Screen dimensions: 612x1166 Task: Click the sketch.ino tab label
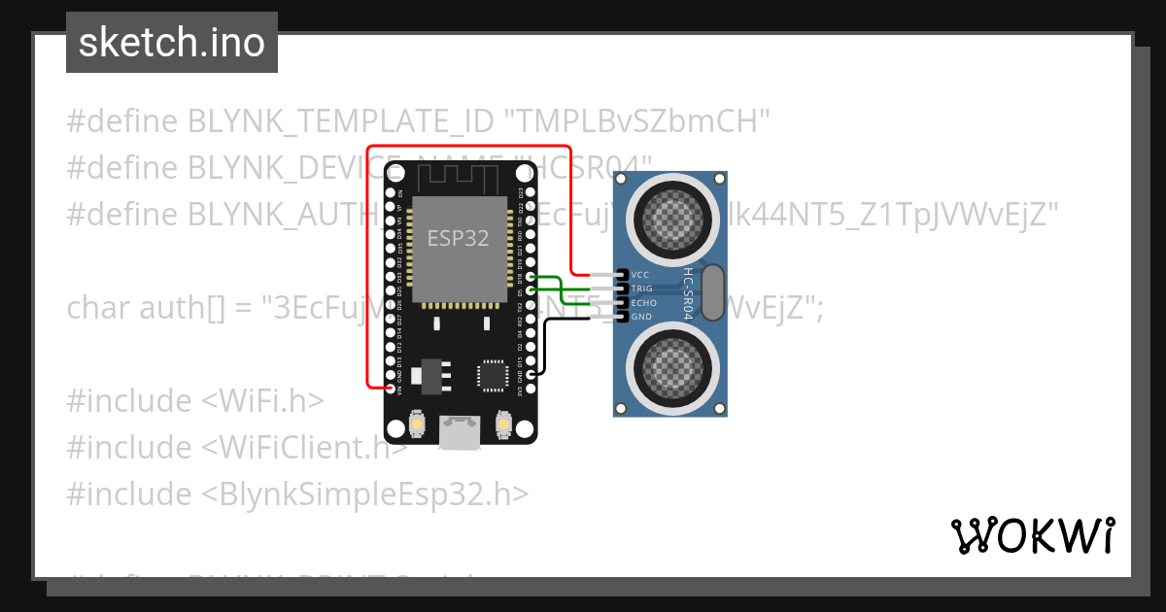[171, 43]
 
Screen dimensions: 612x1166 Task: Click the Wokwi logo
[1032, 535]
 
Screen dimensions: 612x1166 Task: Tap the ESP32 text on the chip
[458, 237]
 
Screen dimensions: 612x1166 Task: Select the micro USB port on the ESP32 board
[460, 432]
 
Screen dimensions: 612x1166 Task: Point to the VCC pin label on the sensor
[640, 275]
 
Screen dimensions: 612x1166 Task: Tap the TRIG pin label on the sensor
[641, 289]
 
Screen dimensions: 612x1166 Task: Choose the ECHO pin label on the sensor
[643, 303]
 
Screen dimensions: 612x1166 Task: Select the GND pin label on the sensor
[641, 317]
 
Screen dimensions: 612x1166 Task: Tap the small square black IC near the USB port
[493, 374]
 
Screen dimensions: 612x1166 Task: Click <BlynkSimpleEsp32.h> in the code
[365, 494]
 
